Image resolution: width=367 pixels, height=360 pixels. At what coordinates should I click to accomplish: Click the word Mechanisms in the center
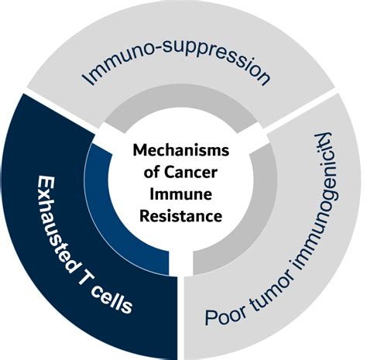point(181,150)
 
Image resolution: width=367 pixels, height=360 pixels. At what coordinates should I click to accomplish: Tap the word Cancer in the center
point(191,172)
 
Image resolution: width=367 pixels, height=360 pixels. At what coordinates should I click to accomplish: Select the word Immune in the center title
point(181,194)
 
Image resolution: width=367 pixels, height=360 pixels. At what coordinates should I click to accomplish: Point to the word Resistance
point(181,216)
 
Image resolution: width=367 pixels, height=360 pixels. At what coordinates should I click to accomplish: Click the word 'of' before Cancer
point(152,172)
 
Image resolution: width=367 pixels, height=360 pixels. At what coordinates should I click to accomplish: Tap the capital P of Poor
point(211,317)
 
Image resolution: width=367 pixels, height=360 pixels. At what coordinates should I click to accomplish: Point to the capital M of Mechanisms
point(139,150)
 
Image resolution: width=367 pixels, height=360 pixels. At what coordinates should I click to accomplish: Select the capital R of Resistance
point(144,216)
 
